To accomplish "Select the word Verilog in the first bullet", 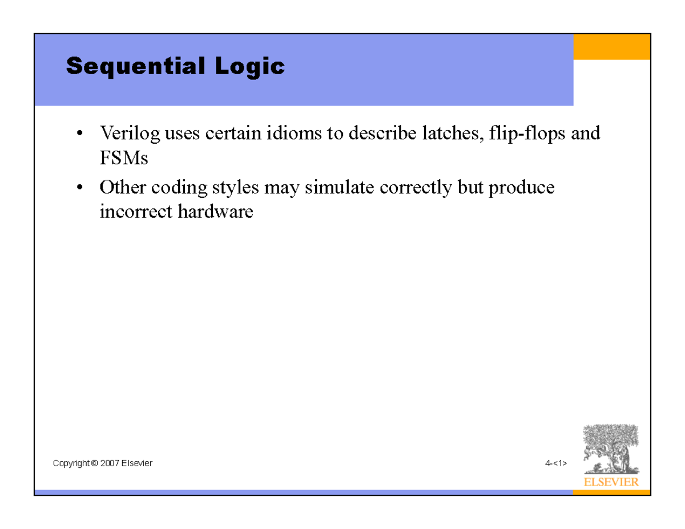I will pyautogui.click(x=129, y=134).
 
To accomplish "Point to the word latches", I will pyautogui.click(x=447, y=134).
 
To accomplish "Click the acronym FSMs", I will pyautogui.click(x=123, y=158).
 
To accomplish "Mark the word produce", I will pyautogui.click(x=521, y=188).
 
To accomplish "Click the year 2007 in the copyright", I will pyautogui.click(x=108, y=463).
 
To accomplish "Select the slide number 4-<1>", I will pyautogui.click(x=555, y=463).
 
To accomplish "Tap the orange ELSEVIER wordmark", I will pyautogui.click(x=611, y=482).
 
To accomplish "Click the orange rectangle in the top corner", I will pyautogui.click(x=611, y=46).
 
